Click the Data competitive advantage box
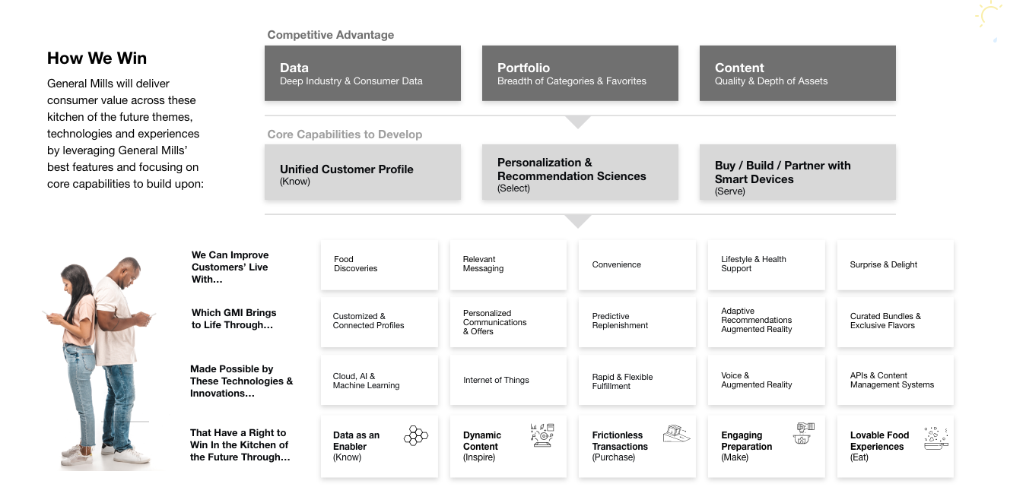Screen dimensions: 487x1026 [x=362, y=73]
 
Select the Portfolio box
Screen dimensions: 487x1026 [x=580, y=73]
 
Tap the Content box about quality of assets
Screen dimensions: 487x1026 [x=797, y=73]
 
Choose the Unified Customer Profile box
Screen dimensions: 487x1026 [x=362, y=172]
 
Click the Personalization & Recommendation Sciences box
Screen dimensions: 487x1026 [x=580, y=172]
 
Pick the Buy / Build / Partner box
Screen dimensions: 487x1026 [x=797, y=172]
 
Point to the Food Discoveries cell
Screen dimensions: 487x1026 [x=379, y=264]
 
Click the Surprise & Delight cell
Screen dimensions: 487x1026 [x=894, y=264]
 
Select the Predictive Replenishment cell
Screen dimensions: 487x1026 [x=637, y=321]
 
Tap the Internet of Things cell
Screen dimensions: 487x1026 [x=507, y=380]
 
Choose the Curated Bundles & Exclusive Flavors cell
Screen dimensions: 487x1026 [x=894, y=321]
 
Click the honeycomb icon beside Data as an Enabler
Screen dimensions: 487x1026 [x=416, y=435]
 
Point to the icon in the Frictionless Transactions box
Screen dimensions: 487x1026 [x=675, y=434]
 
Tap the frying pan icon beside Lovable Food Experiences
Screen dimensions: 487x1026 [x=935, y=438]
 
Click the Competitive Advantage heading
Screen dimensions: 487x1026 [x=331, y=35]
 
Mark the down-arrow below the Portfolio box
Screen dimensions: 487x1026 [x=579, y=122]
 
